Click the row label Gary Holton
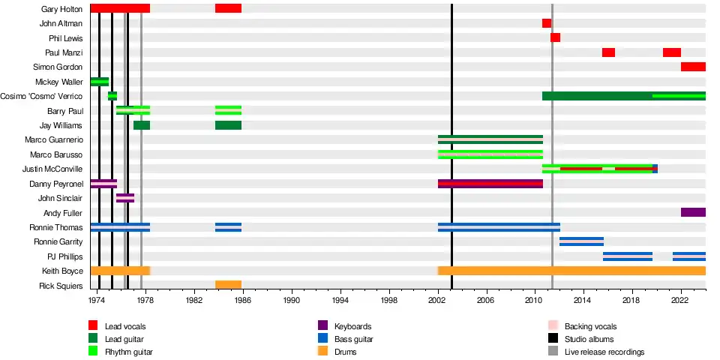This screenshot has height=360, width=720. pos(62,9)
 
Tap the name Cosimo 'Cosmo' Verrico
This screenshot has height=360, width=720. pos(52,96)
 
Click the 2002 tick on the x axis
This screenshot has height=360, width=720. pos(438,299)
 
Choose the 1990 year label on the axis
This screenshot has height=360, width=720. pos(292,299)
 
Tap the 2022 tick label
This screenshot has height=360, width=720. pos(680,299)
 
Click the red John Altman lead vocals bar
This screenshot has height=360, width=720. pos(547,23)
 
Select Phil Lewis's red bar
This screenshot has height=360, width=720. pos(555,37)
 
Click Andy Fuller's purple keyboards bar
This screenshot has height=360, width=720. pos(693,212)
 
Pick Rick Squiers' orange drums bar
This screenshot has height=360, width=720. pos(228,285)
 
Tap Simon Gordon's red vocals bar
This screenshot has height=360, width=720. pos(693,67)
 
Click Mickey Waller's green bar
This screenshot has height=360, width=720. pos(99,82)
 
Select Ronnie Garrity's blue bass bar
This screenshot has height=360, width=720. pos(581,241)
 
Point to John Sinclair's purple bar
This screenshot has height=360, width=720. pos(125,198)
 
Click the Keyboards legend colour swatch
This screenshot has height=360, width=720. pos(323,325)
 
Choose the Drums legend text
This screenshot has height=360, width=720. pos(346,352)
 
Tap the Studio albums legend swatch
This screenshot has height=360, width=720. pos(553,339)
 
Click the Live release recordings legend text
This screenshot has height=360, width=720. pos(604,352)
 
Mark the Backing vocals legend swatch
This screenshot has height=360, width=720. pos(553,325)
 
